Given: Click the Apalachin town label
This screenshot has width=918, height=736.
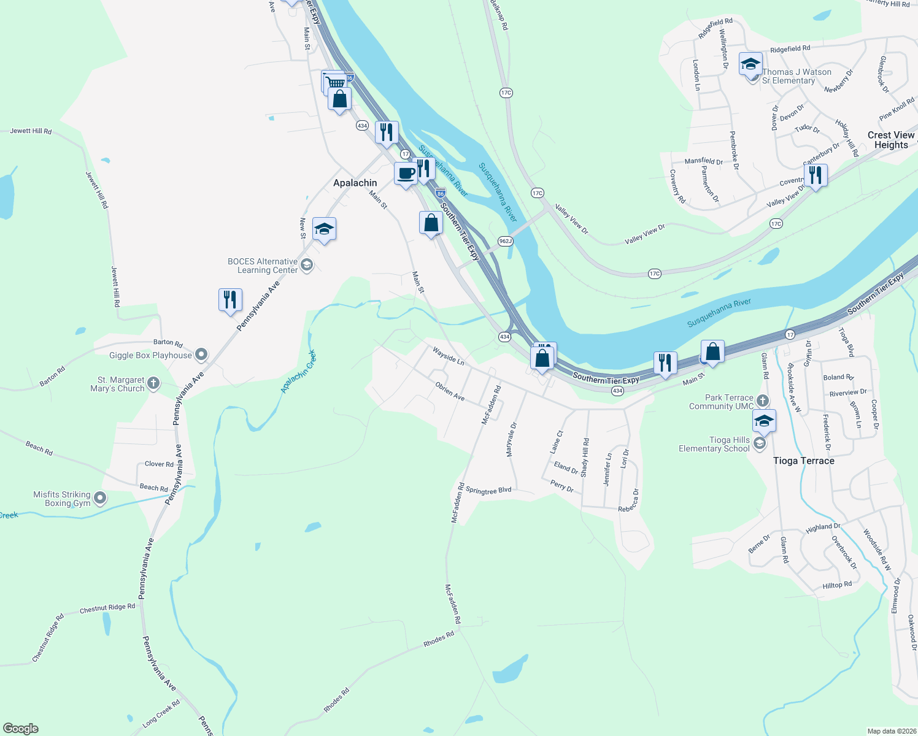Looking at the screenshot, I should click(x=355, y=183).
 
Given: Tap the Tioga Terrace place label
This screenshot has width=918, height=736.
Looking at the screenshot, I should click(x=803, y=461).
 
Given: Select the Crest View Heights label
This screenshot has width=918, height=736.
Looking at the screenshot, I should click(x=890, y=140).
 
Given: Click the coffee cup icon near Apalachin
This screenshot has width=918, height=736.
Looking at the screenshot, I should click(x=406, y=174).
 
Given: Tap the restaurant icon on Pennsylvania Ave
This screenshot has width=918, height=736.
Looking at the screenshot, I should click(x=230, y=300).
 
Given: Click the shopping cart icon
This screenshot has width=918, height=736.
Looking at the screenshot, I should click(x=335, y=82).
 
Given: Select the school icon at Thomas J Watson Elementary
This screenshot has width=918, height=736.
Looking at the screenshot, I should click(x=750, y=64).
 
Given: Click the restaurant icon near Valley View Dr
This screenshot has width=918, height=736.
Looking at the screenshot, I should click(x=815, y=175).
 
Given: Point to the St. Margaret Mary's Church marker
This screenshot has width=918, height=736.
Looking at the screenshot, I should click(x=153, y=384).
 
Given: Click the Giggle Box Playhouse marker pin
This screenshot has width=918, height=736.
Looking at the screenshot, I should click(x=201, y=355).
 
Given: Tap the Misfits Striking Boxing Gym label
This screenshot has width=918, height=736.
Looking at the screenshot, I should click(x=62, y=499).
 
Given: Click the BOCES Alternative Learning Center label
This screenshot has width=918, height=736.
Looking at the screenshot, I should click(x=263, y=266).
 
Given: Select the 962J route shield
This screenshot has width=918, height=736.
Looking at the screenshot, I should click(x=505, y=241).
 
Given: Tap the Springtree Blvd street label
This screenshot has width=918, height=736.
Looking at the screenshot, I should click(x=488, y=491).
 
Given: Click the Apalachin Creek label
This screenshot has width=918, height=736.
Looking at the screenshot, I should click(x=298, y=372).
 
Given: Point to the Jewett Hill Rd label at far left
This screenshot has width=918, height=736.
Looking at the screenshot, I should click(x=31, y=131).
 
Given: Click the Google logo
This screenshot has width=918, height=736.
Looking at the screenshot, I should click(x=21, y=729).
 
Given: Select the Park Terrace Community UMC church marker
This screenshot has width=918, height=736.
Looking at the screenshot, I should click(x=762, y=401).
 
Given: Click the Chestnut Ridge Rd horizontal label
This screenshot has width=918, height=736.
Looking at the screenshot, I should click(x=107, y=608).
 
